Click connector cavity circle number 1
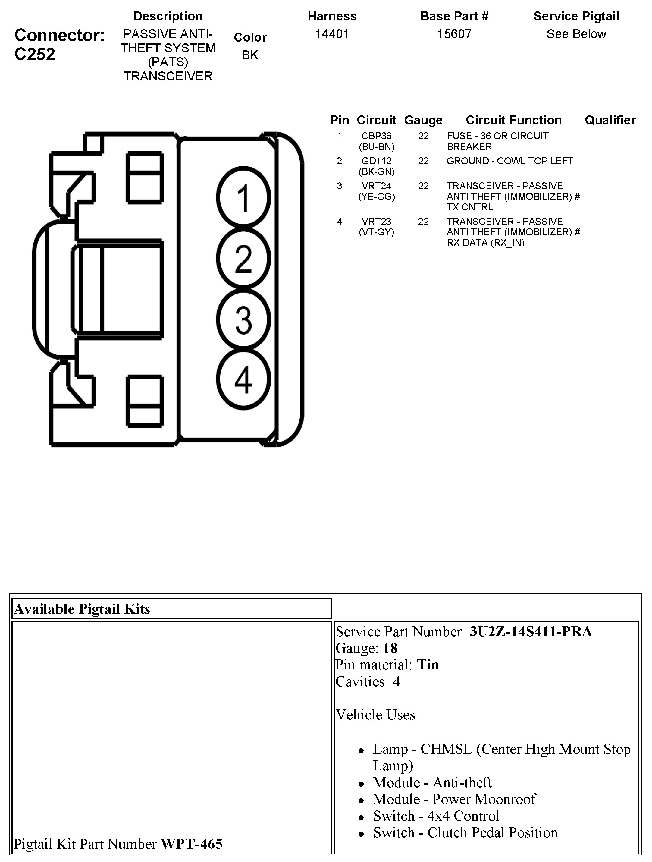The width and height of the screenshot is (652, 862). (x=243, y=198)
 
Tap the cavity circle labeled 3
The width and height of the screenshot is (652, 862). (x=243, y=319)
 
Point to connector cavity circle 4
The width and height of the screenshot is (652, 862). (x=243, y=379)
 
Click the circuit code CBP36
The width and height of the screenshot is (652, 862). (x=376, y=136)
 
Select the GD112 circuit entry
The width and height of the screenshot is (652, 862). (x=376, y=161)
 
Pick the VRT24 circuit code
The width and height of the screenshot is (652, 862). (x=376, y=186)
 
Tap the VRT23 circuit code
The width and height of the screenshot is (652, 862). (x=376, y=221)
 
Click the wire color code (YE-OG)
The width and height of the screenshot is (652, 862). (x=376, y=197)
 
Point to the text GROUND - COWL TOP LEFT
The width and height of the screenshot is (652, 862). (x=509, y=161)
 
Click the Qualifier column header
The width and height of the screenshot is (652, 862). (x=610, y=120)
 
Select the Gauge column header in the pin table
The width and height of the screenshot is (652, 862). (x=423, y=120)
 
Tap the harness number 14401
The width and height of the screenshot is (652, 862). (x=332, y=34)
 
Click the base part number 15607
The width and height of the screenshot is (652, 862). (x=454, y=34)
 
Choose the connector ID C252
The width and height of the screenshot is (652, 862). (x=35, y=54)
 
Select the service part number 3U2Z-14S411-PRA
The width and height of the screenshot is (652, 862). (x=531, y=631)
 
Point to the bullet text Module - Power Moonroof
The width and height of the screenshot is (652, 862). (x=454, y=799)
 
